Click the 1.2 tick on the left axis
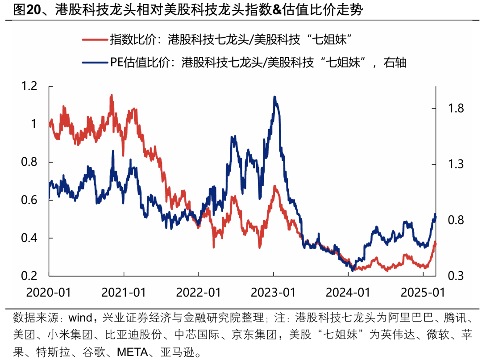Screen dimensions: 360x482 [x=30, y=86]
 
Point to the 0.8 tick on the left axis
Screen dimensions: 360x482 [x=30, y=162]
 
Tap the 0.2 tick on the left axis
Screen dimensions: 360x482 [x=30, y=276]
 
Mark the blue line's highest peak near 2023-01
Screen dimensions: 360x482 [x=275, y=97]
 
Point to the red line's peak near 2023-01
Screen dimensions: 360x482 [x=275, y=186]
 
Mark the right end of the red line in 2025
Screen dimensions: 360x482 [x=436, y=243]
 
